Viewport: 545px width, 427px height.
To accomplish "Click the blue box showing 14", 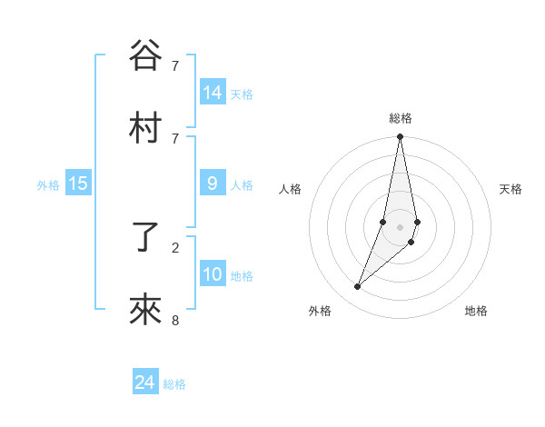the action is coord(213,92).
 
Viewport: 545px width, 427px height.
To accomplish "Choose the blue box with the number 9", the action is coord(213,183).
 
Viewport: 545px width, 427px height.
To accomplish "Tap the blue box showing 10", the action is coord(213,273).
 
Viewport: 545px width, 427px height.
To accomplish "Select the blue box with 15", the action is coord(78,183).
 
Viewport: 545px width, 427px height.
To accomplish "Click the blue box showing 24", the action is coord(145,382).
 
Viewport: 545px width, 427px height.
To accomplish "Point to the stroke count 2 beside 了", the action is coord(175,246).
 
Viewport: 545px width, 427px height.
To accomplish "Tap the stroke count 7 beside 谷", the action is coord(175,65).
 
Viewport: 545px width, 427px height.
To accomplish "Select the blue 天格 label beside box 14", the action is coord(242,94).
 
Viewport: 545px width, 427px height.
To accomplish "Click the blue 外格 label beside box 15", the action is coord(48,184).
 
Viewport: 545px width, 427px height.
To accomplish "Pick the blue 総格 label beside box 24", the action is coord(174,384).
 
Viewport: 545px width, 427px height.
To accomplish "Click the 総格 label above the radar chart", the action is coord(401,118).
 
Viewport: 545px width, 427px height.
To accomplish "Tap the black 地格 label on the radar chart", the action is coord(476,311).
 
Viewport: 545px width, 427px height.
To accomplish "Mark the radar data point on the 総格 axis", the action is coord(400,137).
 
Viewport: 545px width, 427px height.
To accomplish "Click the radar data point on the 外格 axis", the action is coord(357,287).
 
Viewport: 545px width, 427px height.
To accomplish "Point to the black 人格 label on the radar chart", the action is coord(291,189).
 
